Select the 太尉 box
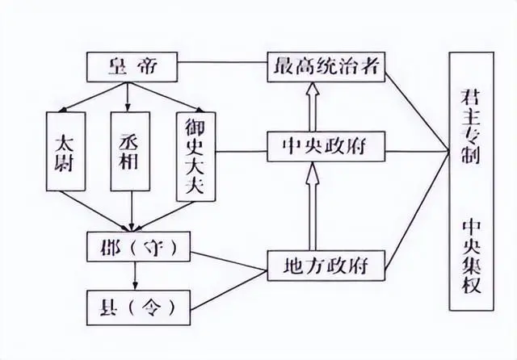tap(66, 151)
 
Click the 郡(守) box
tap(131, 244)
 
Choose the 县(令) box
tap(131, 306)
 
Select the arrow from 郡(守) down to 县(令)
tap(131, 274)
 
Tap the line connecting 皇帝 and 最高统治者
tap(222, 65)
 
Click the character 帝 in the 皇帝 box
tap(146, 66)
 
